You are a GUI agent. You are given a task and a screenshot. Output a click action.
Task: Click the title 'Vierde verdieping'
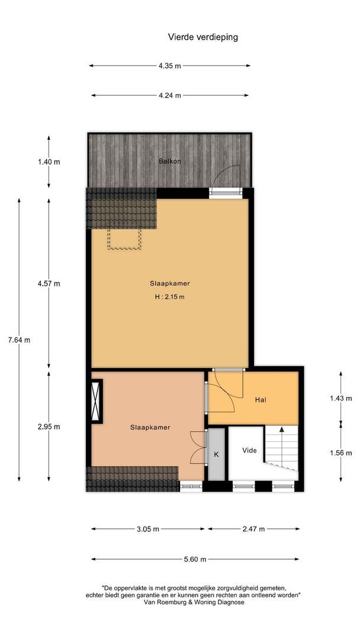(x=202, y=37)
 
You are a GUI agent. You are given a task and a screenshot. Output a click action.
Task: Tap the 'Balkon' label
(x=169, y=161)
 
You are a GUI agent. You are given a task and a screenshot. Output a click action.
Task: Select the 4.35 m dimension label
(x=169, y=66)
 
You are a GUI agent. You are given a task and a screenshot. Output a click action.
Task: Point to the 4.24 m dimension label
(x=169, y=95)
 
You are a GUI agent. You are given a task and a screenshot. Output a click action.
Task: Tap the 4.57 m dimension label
(x=49, y=283)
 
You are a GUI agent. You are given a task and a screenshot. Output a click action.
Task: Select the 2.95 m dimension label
(x=49, y=426)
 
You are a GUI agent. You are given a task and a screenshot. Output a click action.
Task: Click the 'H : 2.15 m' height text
(x=169, y=297)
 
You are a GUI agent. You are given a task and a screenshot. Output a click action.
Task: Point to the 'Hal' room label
(x=261, y=400)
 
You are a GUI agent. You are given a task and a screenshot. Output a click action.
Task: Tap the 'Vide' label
(x=250, y=450)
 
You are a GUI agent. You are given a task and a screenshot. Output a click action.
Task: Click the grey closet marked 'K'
(x=216, y=454)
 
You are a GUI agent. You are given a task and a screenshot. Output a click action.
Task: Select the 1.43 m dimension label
(x=342, y=398)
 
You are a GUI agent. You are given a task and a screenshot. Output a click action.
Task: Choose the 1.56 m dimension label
(x=342, y=453)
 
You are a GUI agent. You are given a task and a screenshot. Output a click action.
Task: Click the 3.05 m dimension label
(x=148, y=529)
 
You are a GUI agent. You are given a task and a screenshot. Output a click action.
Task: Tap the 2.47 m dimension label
(x=253, y=529)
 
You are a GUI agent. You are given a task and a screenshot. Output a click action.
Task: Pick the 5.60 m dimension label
(x=195, y=559)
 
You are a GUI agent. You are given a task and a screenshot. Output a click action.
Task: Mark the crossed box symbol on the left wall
(x=96, y=401)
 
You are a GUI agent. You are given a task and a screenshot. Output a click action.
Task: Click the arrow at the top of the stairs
(x=282, y=430)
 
